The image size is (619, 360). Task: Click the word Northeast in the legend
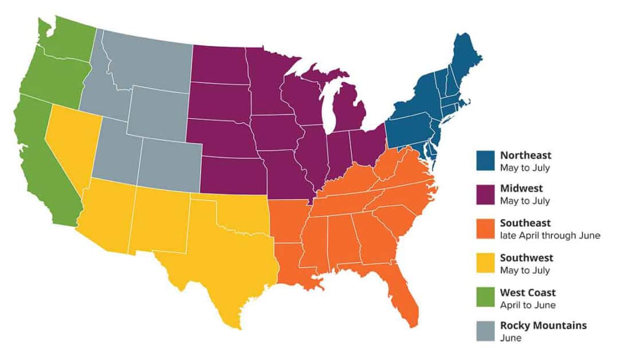(526, 155)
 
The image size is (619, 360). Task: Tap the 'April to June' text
(527, 305)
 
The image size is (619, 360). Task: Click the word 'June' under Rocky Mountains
(511, 338)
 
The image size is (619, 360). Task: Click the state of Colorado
(168, 164)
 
